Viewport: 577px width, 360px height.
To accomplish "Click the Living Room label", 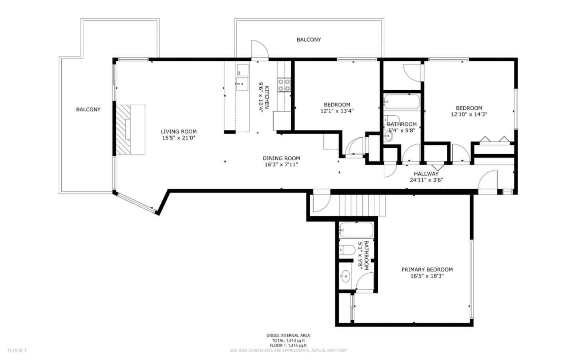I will [x=179, y=131].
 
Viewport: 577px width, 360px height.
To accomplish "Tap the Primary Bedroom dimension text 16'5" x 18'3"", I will [x=427, y=276].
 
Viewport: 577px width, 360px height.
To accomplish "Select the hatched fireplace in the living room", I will [x=130, y=129].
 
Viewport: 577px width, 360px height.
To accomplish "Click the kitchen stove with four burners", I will [x=284, y=85].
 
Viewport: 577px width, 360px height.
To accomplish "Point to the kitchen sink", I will [x=242, y=84].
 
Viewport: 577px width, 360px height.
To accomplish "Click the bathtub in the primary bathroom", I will [x=356, y=230].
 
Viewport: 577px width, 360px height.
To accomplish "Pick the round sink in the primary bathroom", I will [x=345, y=276].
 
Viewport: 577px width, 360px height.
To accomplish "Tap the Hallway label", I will [x=426, y=174].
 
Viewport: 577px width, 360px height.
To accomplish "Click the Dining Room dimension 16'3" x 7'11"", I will [x=281, y=164].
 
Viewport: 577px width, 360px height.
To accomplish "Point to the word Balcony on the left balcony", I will [x=88, y=109].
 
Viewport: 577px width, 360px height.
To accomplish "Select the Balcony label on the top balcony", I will [x=309, y=40].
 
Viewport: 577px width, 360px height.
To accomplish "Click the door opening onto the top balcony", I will [x=259, y=50].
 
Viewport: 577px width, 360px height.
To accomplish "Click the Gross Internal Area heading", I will [x=288, y=336].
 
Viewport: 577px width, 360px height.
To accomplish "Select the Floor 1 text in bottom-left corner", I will [x=17, y=350].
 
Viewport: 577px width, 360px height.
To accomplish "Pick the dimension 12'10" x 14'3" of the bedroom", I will [x=469, y=114].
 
